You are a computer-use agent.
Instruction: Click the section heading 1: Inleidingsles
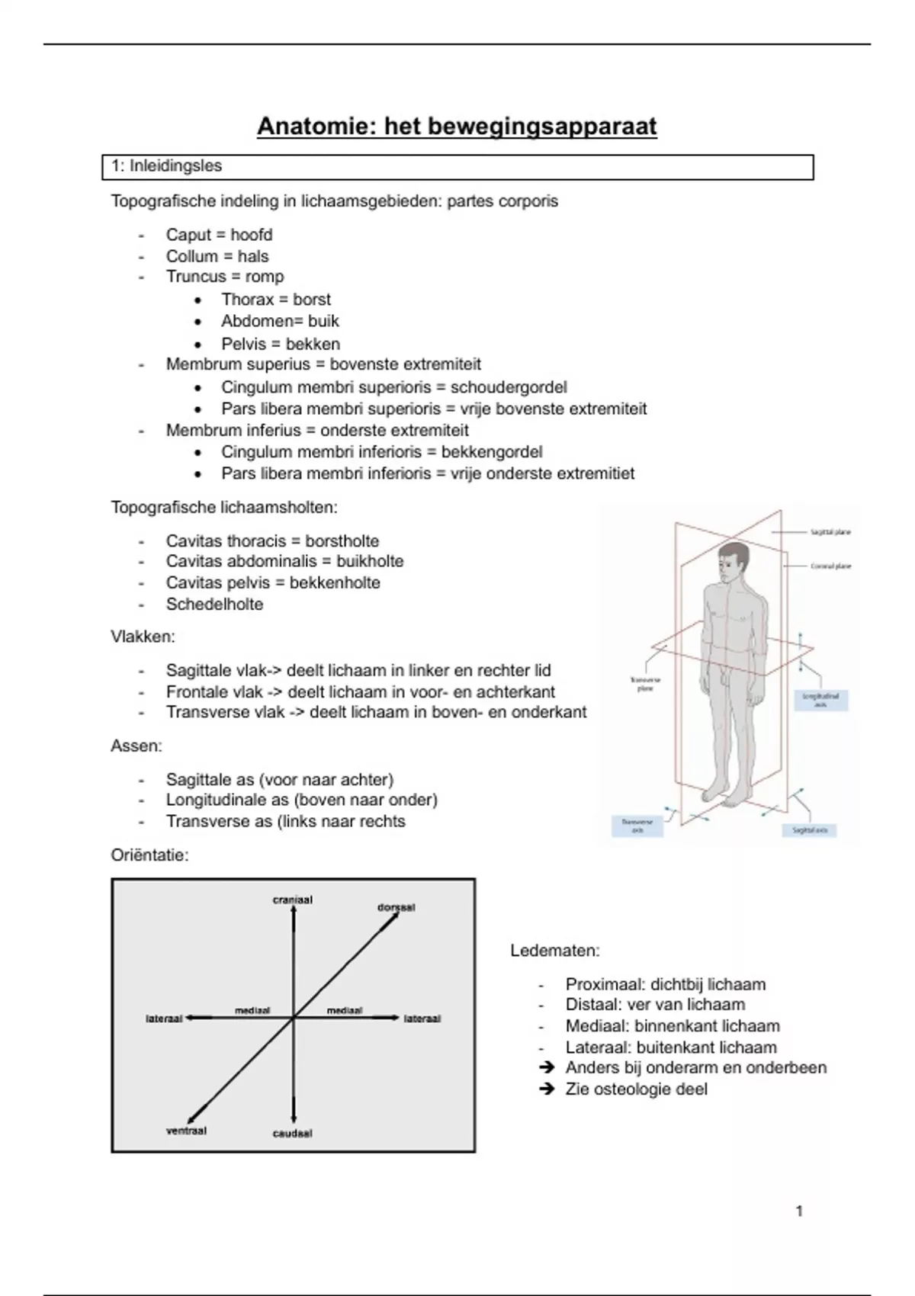click(x=166, y=166)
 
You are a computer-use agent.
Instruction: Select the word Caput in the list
click(x=187, y=235)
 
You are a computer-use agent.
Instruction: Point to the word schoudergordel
click(x=509, y=387)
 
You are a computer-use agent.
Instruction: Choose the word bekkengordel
click(x=492, y=452)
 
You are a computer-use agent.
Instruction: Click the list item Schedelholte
click(x=214, y=605)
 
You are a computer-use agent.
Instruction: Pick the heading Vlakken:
click(x=143, y=637)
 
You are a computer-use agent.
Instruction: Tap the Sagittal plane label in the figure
click(x=830, y=532)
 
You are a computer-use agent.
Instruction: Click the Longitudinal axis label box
click(x=820, y=700)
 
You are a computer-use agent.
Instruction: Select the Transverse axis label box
click(x=637, y=826)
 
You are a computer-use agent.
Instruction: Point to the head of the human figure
click(x=732, y=560)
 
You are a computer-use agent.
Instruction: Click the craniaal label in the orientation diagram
click(x=293, y=900)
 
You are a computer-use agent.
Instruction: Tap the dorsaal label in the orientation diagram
click(x=396, y=907)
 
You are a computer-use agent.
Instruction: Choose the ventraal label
click(x=187, y=1131)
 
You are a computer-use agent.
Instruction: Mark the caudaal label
click(x=293, y=1134)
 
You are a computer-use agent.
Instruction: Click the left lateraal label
click(x=164, y=1019)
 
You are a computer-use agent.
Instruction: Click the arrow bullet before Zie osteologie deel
click(x=546, y=1089)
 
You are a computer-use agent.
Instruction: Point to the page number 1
click(x=799, y=1211)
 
